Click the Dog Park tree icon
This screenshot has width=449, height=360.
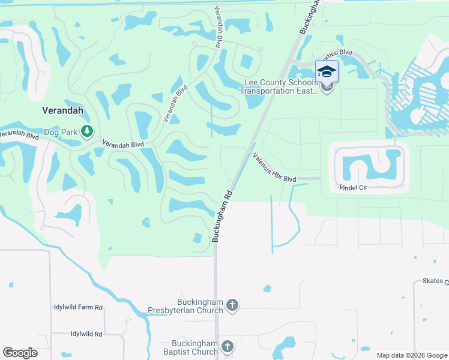tap(87, 131)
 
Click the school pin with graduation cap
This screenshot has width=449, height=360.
tap(327, 72)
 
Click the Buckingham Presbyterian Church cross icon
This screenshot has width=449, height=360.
tap(232, 307)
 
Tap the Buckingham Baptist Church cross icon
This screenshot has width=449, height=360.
tap(228, 347)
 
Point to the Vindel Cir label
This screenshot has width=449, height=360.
tap(353, 188)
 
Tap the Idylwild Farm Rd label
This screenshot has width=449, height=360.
tap(78, 307)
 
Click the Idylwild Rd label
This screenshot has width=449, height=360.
tap(86, 334)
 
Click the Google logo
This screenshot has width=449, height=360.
tap(20, 353)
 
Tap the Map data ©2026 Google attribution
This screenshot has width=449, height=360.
tap(411, 355)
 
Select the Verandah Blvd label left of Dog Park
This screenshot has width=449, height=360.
tap(20, 134)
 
